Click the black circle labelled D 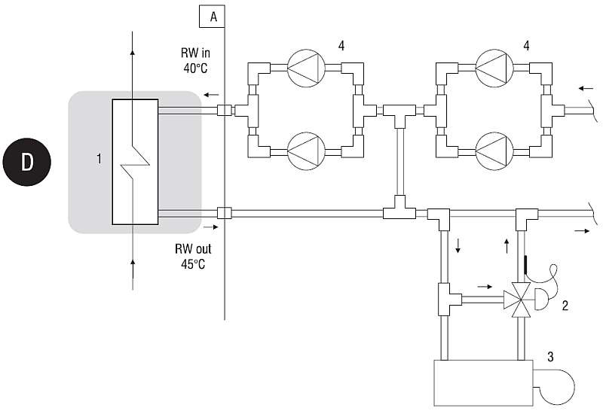(x=27, y=162)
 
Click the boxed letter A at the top (x=212, y=17)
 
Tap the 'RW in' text (x=196, y=53)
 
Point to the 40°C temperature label (x=196, y=68)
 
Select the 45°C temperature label (x=193, y=264)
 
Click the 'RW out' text (x=193, y=249)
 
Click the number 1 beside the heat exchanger (x=99, y=159)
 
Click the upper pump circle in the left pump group (x=307, y=68)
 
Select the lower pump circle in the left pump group (x=307, y=151)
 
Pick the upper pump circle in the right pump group (x=494, y=68)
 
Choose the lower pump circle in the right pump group (x=494, y=151)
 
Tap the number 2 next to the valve (x=565, y=306)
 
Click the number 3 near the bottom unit (x=550, y=357)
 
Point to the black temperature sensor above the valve (x=525, y=265)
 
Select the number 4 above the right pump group (x=526, y=46)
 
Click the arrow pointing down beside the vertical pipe (x=458, y=246)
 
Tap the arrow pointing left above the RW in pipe (x=211, y=95)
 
